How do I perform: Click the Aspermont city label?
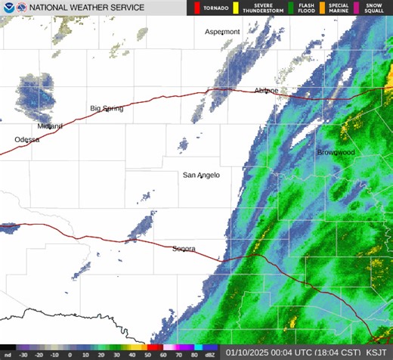click(222, 32)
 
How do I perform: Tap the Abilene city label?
click(266, 90)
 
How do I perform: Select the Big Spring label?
click(107, 108)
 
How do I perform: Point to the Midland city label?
click(50, 126)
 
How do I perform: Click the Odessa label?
click(26, 140)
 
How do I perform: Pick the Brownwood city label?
click(335, 153)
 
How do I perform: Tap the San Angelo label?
click(201, 175)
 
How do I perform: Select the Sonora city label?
click(184, 249)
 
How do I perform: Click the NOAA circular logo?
click(8, 8)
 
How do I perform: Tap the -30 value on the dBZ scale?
click(23, 354)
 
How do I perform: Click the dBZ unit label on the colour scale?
click(209, 354)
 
